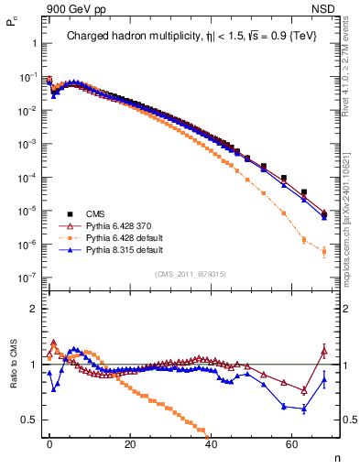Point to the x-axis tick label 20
[x=130, y=443]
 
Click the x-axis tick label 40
[x=211, y=443]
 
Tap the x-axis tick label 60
[x=291, y=443]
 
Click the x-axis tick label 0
[x=49, y=443]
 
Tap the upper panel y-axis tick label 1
[x=33, y=44]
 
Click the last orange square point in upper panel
[x=323, y=251]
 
